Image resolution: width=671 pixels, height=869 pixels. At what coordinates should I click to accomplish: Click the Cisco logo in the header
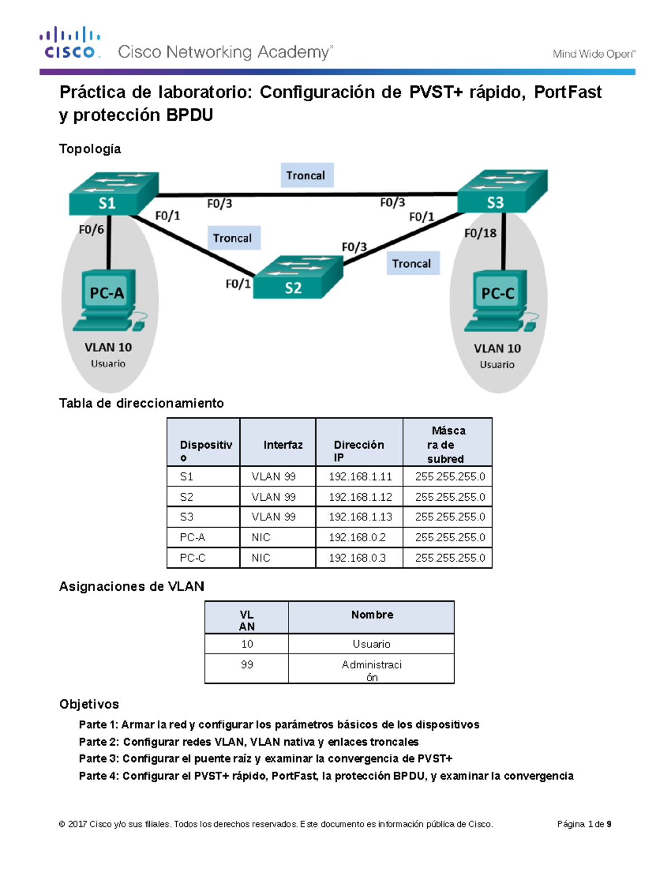[x=70, y=43]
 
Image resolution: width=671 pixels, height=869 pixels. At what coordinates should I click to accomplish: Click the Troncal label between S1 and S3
[x=306, y=176]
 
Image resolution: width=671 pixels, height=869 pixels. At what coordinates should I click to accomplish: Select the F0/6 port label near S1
[x=91, y=229]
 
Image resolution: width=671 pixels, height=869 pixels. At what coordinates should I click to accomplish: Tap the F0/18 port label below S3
[x=480, y=233]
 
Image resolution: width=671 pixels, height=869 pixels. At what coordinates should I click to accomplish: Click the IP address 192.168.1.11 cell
[x=360, y=477]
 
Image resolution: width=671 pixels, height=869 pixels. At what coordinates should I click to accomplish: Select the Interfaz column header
[x=283, y=445]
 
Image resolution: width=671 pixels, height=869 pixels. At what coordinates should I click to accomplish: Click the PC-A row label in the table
[x=192, y=537]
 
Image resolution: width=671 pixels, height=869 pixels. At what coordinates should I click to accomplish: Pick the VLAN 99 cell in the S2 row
[x=273, y=497]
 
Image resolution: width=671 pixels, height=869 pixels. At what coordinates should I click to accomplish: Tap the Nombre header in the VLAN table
[x=372, y=615]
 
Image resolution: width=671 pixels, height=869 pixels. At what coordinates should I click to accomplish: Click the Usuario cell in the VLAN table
[x=371, y=644]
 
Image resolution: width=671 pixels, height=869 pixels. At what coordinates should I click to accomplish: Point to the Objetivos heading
[x=89, y=704]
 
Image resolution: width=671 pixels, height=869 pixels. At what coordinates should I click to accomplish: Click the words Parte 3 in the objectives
[x=98, y=759]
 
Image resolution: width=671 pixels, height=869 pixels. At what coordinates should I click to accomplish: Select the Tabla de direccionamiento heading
[x=141, y=403]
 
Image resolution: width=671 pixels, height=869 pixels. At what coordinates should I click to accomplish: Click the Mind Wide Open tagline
[x=593, y=54]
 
